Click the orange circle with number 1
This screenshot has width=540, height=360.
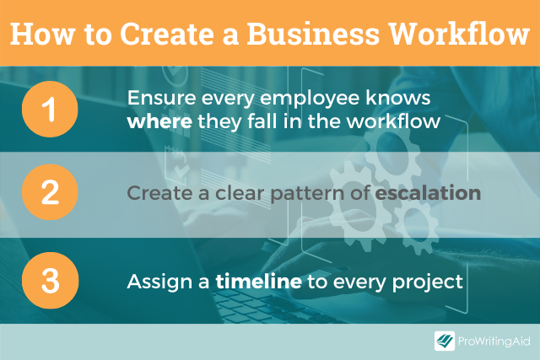[50, 109]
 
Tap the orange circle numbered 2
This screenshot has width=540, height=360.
[50, 192]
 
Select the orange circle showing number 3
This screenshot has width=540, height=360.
[50, 280]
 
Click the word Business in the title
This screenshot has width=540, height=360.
[313, 34]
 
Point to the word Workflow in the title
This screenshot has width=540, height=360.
[459, 34]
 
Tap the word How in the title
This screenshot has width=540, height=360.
[42, 34]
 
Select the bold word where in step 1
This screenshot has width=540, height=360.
[159, 121]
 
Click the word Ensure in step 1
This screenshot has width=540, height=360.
[161, 98]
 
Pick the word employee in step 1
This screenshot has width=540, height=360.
[309, 99]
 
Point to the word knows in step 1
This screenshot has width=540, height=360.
[397, 98]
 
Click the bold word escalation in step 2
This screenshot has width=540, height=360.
[428, 193]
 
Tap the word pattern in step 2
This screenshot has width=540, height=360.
[307, 194]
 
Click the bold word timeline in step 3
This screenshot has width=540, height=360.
[259, 282]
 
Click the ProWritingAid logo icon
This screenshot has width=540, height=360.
[445, 341]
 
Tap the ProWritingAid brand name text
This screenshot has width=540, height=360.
[494, 341]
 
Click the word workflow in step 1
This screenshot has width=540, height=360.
[393, 121]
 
